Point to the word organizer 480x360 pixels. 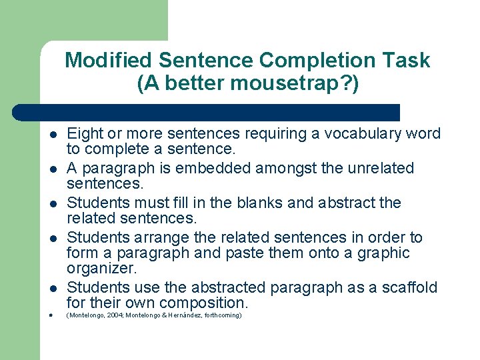coord(102,268)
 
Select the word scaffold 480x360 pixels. coord(407,287)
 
